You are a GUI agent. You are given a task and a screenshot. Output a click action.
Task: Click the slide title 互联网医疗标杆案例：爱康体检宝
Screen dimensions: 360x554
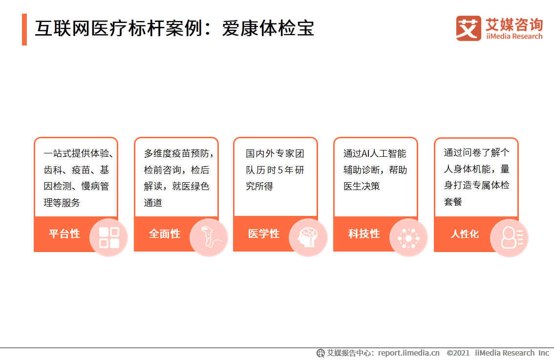point(174,29)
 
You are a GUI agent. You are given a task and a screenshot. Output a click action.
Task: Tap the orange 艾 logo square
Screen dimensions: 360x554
point(468,28)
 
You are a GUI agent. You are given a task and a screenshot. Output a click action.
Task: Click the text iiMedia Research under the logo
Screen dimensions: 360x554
point(514,36)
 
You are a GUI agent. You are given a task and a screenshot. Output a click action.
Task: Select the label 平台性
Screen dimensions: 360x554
point(64,233)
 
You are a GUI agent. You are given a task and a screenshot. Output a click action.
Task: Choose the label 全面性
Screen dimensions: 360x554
point(165,234)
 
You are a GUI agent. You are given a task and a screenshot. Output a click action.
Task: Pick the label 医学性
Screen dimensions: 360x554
point(264,234)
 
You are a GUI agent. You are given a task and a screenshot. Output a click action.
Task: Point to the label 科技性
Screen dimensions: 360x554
point(364,234)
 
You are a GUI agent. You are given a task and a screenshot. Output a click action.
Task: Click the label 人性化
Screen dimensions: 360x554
point(465,234)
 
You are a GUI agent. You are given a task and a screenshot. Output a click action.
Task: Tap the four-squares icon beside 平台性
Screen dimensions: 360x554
point(109,237)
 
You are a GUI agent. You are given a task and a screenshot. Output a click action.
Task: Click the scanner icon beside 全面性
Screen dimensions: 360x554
point(209,237)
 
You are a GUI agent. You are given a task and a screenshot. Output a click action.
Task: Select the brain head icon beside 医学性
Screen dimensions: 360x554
point(308,237)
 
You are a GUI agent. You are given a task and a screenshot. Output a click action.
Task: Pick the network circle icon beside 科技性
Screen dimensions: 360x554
point(408,238)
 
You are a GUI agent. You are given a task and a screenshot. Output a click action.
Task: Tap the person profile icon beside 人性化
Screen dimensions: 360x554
point(510,238)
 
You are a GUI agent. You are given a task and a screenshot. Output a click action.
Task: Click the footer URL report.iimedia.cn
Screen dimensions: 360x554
point(409,353)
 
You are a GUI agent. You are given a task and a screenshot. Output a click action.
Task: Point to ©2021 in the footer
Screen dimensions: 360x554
point(458,353)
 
